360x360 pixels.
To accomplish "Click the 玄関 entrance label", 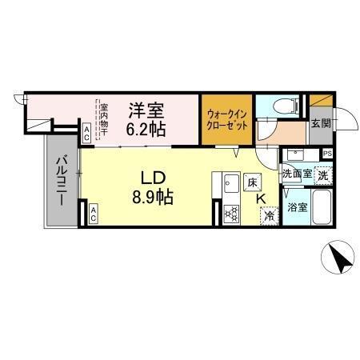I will click(x=320, y=123).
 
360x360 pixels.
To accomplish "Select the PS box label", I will click(x=327, y=154).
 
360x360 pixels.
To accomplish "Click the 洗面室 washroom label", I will click(x=297, y=174).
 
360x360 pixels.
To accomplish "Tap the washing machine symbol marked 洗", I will click(x=322, y=174).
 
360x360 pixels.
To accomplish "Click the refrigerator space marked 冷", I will click(x=270, y=216).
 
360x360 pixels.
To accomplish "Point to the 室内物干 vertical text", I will click(x=103, y=118).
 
